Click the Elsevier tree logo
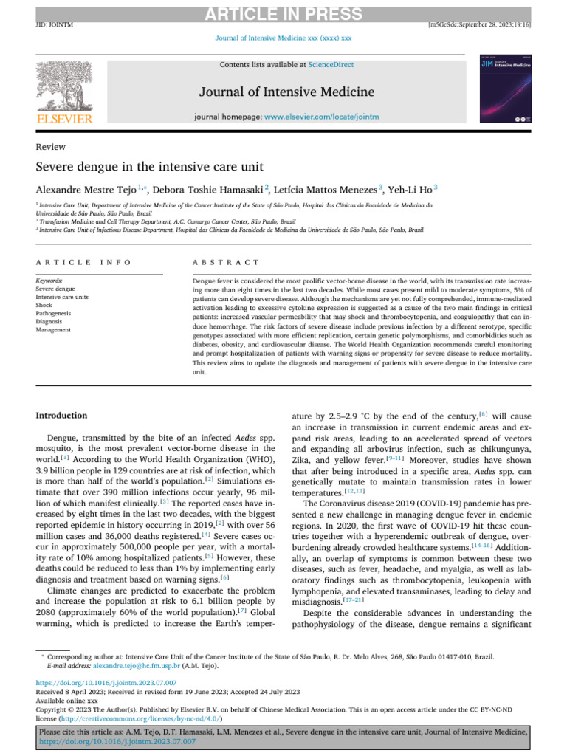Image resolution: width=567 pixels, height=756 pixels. point(63,84)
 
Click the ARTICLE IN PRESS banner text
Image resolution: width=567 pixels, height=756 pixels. point(283,15)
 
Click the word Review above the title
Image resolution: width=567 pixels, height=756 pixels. point(50,147)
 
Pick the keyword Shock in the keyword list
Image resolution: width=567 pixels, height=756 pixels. point(45,304)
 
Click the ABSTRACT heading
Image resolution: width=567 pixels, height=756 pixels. point(225,262)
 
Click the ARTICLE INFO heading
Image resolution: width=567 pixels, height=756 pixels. point(83,262)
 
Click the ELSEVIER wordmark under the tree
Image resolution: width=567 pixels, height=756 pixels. point(63,120)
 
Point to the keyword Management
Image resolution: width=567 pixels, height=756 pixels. point(55,330)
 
